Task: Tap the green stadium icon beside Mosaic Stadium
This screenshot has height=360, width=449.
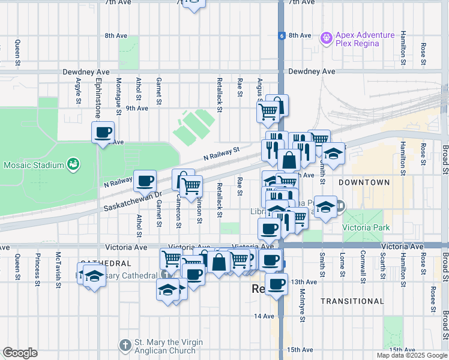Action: tap(73, 163)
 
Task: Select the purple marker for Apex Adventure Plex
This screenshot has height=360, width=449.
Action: tap(327, 38)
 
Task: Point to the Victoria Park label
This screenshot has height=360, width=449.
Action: tap(366, 227)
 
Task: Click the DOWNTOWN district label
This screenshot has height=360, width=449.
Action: tap(364, 182)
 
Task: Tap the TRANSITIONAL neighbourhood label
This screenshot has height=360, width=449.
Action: tap(352, 301)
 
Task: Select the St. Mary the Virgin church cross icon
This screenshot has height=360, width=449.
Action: tap(125, 346)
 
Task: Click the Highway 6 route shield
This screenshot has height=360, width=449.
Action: tap(281, 35)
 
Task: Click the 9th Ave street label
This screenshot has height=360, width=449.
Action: tap(137, 108)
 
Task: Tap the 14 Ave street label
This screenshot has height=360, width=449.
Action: tap(264, 316)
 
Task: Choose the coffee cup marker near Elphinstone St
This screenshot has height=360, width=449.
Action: tap(103, 132)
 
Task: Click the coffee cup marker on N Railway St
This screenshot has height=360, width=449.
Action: tap(145, 181)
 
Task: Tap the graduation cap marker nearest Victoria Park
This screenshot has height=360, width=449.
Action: tap(325, 208)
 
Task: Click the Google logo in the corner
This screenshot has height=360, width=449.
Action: tap(20, 353)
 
